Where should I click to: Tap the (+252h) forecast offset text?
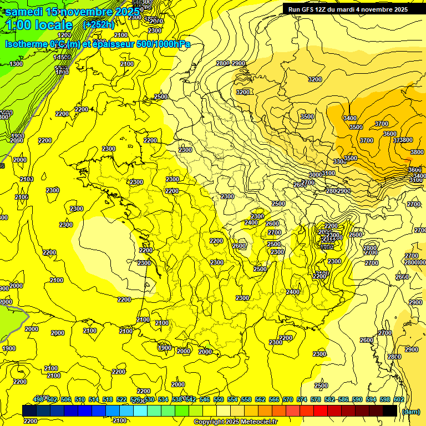pyautogui.click(x=99, y=24)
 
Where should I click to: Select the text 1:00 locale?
pyautogui.click(x=39, y=25)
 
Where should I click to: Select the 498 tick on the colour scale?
pyautogui.click(x=38, y=399)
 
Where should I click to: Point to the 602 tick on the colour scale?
pyautogui.click(x=398, y=399)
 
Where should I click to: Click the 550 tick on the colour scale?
pyautogui.click(x=218, y=399)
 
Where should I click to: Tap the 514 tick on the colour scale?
pyautogui.click(x=94, y=399)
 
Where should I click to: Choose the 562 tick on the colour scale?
pyautogui.click(x=260, y=399)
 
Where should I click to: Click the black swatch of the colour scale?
pyautogui.click(x=389, y=410)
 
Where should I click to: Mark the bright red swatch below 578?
pyautogui.click(x=320, y=410)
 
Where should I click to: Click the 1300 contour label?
pyautogui.click(x=16, y=64)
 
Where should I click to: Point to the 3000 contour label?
pyautogui.click(x=315, y=175)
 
